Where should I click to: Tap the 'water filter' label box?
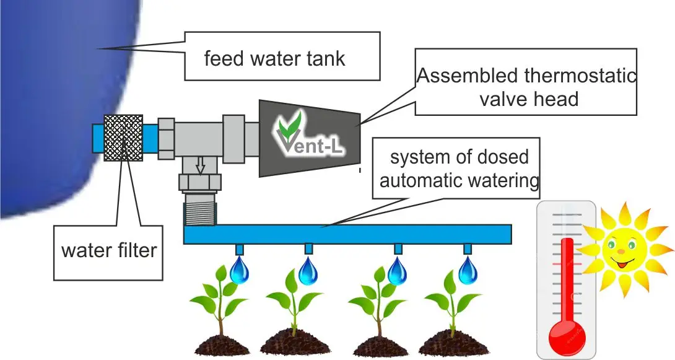coord(108,252)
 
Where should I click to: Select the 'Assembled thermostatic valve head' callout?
coord(526,87)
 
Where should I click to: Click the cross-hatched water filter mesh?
coord(124,138)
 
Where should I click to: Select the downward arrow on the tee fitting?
coord(199,165)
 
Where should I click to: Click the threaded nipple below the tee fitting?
coord(199,211)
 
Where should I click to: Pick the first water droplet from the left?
coord(240,271)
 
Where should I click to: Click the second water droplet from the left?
coord(308,271)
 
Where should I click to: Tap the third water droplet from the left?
coord(398,271)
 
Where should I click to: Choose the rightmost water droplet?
coord(468,271)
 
